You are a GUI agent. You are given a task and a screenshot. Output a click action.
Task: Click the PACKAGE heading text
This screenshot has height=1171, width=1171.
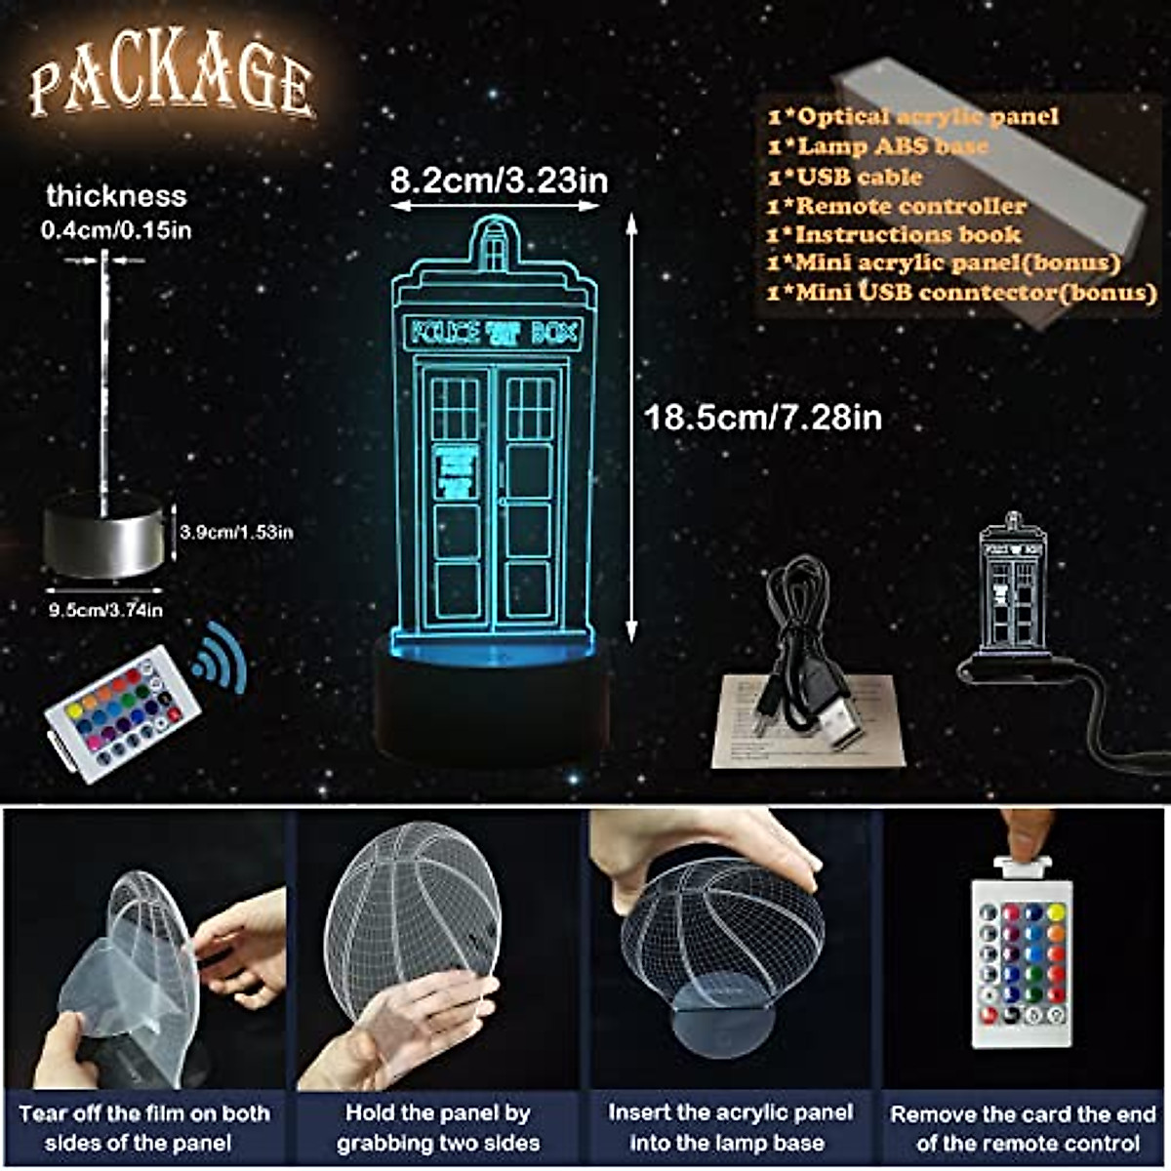(x=171, y=84)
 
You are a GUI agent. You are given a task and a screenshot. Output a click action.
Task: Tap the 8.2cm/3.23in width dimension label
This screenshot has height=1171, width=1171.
(x=499, y=181)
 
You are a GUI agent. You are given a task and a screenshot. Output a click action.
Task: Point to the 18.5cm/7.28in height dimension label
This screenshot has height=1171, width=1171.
(x=763, y=418)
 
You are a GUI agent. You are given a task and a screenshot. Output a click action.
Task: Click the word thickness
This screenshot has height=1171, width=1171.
(x=116, y=196)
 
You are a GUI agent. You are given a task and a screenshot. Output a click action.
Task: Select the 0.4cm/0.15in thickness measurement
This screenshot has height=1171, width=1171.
(x=116, y=230)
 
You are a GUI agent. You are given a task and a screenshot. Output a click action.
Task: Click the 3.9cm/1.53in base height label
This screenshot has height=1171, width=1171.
(x=236, y=532)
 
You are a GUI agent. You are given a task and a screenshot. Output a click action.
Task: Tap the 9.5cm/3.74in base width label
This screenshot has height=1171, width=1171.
(x=105, y=610)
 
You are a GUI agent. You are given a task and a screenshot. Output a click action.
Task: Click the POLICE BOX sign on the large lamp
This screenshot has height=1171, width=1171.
(x=495, y=334)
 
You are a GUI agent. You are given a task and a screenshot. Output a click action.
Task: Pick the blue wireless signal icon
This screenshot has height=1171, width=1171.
(x=220, y=652)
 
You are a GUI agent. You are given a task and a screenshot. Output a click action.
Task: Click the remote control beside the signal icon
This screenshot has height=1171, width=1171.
(x=122, y=713)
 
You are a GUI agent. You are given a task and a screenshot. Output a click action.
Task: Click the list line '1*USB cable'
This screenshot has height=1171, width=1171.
(x=845, y=177)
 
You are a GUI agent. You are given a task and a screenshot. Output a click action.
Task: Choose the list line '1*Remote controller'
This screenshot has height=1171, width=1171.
(x=897, y=206)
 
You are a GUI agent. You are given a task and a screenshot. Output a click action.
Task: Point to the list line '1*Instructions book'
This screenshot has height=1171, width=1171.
(x=894, y=234)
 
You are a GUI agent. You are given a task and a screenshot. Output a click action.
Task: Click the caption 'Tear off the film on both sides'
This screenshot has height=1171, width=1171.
(x=143, y=1127)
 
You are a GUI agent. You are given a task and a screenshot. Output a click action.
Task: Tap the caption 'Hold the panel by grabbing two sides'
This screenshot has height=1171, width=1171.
(x=438, y=1127)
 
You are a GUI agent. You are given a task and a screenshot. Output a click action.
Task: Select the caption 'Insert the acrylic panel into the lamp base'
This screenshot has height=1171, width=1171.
(x=730, y=1127)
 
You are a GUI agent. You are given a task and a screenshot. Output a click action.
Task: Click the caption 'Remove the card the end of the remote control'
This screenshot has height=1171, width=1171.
(x=1024, y=1128)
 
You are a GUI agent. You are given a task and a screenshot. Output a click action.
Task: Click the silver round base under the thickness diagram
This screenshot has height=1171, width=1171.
(x=102, y=535)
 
